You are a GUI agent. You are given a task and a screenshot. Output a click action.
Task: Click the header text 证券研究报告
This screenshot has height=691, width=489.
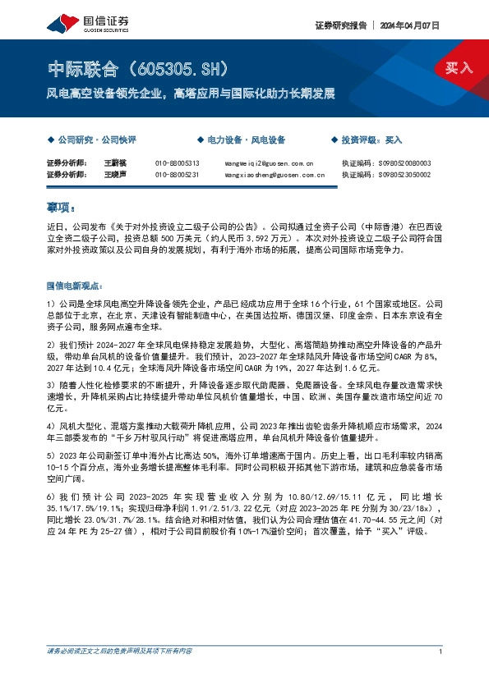click(x=340, y=25)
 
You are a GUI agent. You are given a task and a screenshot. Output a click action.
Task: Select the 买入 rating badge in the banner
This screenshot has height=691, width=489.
click(x=459, y=68)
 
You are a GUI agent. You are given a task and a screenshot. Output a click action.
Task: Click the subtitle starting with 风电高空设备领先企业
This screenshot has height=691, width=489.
click(x=190, y=94)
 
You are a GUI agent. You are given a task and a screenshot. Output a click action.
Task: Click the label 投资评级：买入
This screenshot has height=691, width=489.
click(x=371, y=140)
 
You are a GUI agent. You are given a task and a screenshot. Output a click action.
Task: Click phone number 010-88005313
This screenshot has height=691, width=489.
click(x=178, y=163)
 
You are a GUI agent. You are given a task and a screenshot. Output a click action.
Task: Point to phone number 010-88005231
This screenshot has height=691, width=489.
click(x=178, y=175)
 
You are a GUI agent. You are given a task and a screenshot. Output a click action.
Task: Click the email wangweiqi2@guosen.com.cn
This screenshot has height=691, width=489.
click(x=269, y=163)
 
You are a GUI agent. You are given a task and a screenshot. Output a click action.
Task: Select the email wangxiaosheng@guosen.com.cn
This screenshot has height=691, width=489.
click(x=273, y=175)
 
